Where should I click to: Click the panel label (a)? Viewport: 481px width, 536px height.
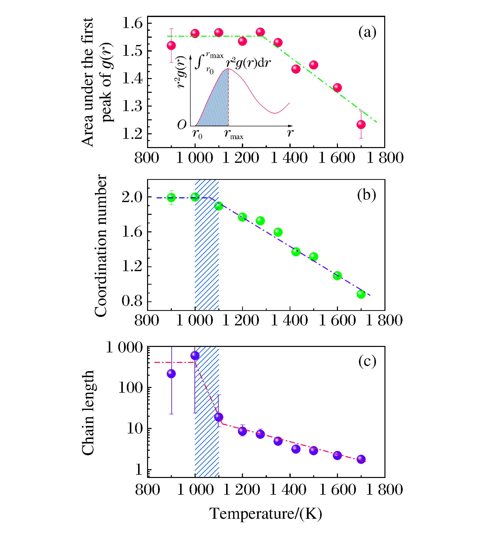point(367,33)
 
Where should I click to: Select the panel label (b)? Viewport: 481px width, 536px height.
point(366,195)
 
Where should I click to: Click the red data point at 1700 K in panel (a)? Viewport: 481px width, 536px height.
point(361,125)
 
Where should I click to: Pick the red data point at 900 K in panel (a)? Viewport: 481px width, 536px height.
point(171,46)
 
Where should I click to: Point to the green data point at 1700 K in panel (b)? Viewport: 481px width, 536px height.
point(361,294)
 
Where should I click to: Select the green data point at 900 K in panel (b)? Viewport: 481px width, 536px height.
point(171,197)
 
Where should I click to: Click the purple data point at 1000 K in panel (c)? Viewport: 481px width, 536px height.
point(195,355)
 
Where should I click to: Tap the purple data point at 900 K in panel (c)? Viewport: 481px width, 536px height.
point(171,374)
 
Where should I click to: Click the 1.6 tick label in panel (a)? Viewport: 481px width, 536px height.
point(132,23)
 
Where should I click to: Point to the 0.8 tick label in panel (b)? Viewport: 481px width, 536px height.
point(132,301)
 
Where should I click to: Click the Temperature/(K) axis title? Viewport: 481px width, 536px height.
point(266,513)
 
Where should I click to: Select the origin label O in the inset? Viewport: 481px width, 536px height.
point(182,125)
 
